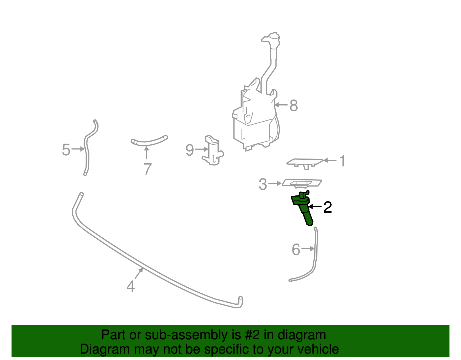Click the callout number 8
(x=294, y=105)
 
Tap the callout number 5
(x=66, y=150)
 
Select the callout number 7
(x=147, y=169)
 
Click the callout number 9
(x=190, y=150)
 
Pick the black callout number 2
(x=328, y=207)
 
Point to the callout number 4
(x=131, y=287)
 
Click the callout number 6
(x=296, y=250)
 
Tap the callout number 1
(x=342, y=161)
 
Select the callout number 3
(x=262, y=184)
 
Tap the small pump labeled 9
(x=213, y=151)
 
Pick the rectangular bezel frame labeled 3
(x=302, y=183)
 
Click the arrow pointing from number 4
(x=139, y=273)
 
